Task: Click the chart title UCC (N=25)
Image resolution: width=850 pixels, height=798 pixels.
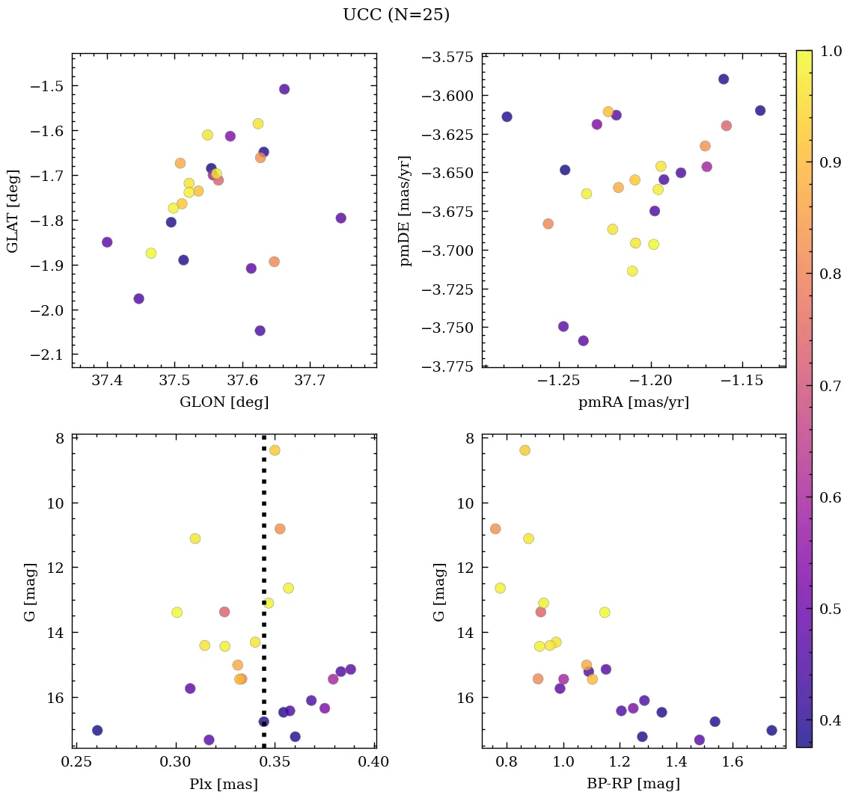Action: (396, 15)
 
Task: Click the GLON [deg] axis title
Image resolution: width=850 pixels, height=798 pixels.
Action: (224, 402)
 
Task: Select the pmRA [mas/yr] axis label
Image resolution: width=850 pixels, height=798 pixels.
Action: (633, 402)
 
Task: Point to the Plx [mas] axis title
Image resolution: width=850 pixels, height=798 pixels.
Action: (224, 784)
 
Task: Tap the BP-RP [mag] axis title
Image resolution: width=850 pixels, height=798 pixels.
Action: (633, 784)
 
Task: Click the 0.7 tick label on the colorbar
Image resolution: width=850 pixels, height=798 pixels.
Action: (830, 386)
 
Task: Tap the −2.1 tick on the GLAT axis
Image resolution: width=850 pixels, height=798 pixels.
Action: (46, 355)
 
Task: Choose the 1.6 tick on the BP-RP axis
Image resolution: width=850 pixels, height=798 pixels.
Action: (733, 762)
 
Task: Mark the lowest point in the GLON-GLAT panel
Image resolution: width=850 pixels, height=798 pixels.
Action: (260, 331)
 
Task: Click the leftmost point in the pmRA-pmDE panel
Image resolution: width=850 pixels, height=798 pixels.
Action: (507, 117)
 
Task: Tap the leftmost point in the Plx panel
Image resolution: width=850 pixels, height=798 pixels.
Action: (97, 730)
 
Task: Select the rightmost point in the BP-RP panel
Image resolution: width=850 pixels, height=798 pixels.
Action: (771, 730)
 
